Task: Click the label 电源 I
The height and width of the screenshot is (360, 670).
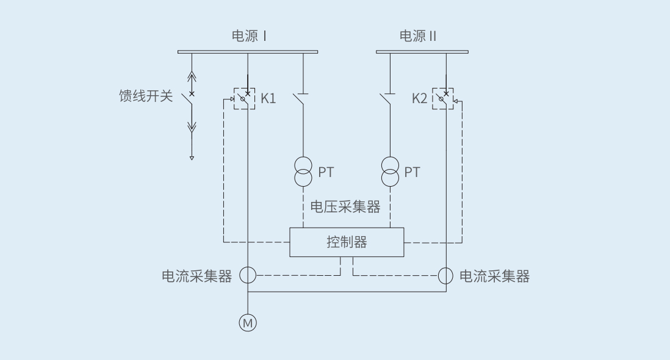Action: [x=249, y=36]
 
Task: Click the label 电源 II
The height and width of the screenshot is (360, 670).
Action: [x=418, y=36]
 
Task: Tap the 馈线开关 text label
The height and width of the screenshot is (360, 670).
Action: [x=146, y=96]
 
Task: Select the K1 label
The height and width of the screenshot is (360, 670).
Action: [x=268, y=98]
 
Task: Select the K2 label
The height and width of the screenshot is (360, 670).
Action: [x=420, y=98]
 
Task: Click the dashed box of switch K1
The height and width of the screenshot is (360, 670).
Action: [x=245, y=98]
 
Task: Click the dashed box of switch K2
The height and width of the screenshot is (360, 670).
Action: [x=443, y=98]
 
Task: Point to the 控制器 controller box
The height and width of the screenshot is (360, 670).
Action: [x=347, y=242]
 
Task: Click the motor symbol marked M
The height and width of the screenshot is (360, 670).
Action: [x=248, y=323]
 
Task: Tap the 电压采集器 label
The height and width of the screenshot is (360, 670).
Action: [x=345, y=207]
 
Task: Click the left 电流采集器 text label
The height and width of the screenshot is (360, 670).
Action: [x=196, y=276]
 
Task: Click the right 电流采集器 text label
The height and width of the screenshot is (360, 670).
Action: [x=494, y=276]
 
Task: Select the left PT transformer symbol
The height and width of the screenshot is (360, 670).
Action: [x=303, y=171]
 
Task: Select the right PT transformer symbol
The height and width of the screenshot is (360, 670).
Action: [x=390, y=171]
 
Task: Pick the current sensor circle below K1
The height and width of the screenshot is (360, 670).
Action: [x=248, y=275]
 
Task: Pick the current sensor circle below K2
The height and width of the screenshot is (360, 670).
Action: [x=446, y=275]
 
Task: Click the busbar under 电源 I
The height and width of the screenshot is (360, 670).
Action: [x=248, y=52]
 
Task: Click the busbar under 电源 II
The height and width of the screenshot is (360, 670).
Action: [x=422, y=52]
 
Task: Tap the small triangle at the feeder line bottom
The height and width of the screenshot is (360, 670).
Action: [x=192, y=158]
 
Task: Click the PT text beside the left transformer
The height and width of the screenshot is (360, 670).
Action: [x=326, y=172]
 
